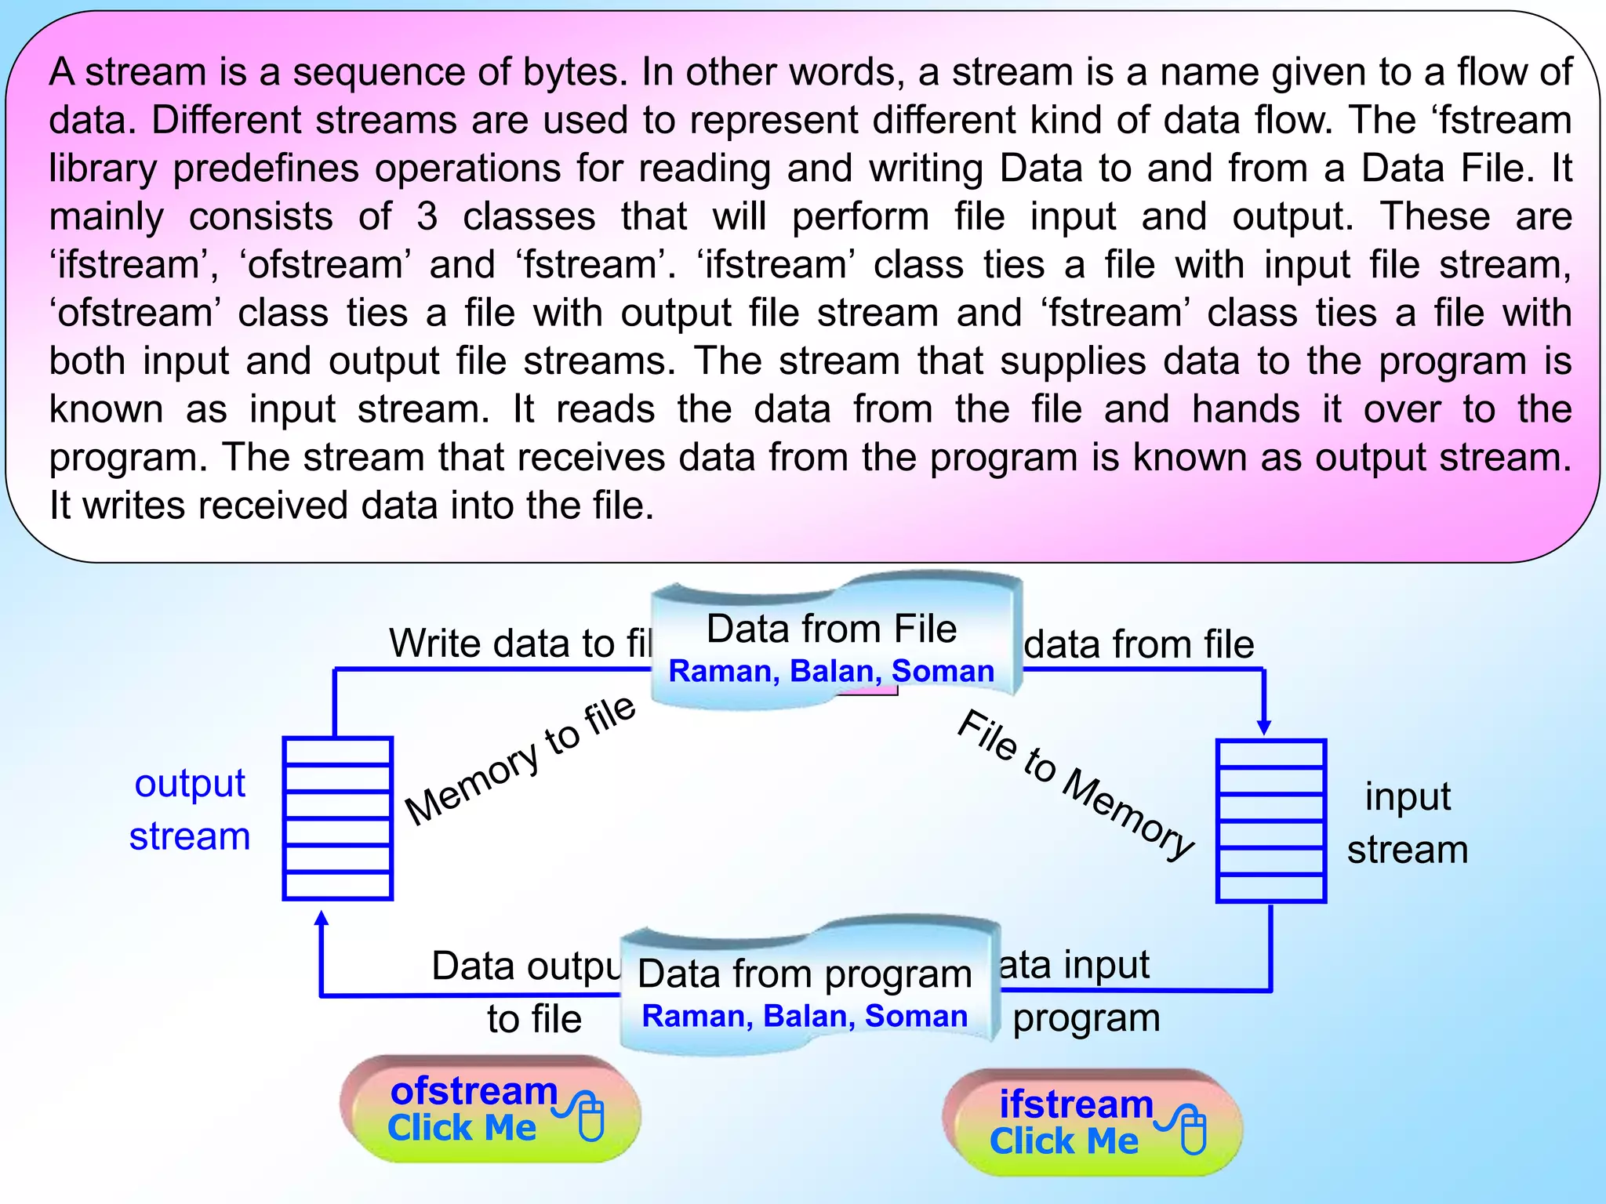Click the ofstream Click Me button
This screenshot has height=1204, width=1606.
[x=489, y=1109]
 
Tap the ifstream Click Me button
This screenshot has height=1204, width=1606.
[x=1092, y=1122]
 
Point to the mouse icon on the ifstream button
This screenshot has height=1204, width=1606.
[x=1193, y=1130]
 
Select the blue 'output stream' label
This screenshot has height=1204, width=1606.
[x=190, y=810]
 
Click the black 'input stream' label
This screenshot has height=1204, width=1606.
[x=1408, y=823]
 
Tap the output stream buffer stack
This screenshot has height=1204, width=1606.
[x=337, y=818]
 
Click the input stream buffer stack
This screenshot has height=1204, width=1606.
[x=1270, y=821]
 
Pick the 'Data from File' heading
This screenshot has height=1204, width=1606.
[x=831, y=629]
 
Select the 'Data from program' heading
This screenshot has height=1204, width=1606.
[x=805, y=974]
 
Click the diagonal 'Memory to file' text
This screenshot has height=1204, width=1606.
[x=519, y=760]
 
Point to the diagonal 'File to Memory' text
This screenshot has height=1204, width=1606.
[x=1075, y=784]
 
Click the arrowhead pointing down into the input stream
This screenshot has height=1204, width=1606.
[x=1263, y=727]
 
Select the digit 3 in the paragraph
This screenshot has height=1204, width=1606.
[x=427, y=216]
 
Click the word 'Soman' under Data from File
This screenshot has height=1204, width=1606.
[x=943, y=672]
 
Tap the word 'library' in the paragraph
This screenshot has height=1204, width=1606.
[x=103, y=169]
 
